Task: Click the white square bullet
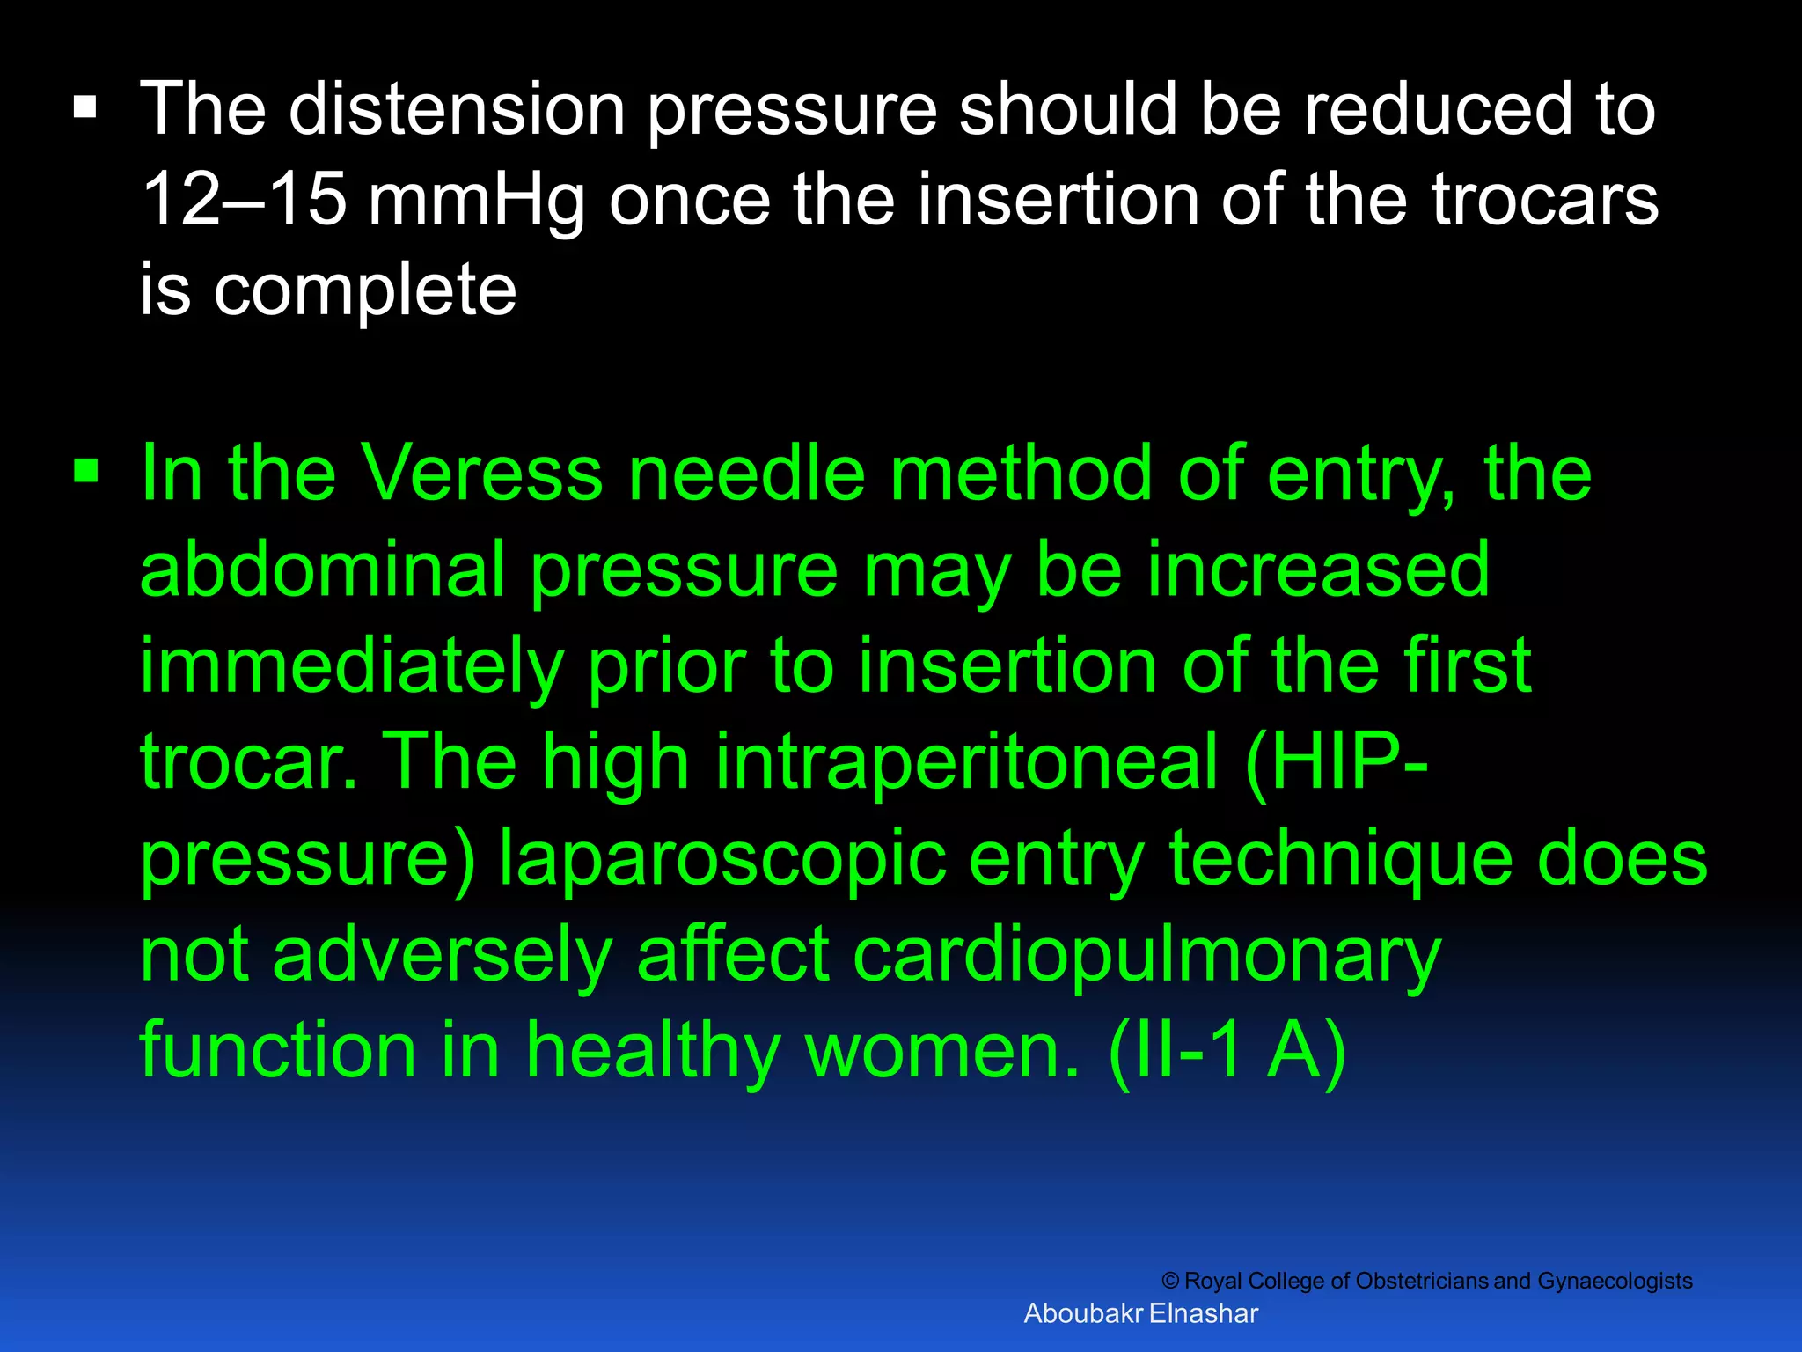pyautogui.click(x=85, y=109)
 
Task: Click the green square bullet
pyautogui.click(x=86, y=472)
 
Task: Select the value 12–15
pyautogui.click(x=244, y=200)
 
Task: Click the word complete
pyautogui.click(x=365, y=292)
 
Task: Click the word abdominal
pyautogui.click(x=322, y=570)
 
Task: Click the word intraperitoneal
pyautogui.click(x=967, y=762)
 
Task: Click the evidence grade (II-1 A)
pyautogui.click(x=1227, y=1051)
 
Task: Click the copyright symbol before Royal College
pyautogui.click(x=1169, y=1281)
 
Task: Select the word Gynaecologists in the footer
pyautogui.click(x=1614, y=1282)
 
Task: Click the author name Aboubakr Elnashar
pyautogui.click(x=1140, y=1313)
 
